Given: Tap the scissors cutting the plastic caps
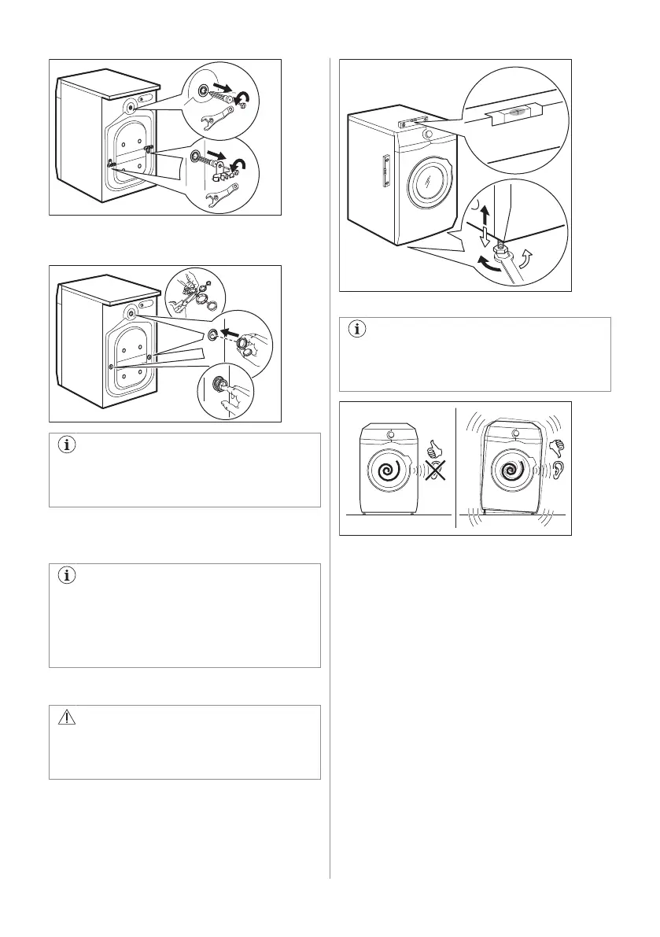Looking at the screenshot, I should (186, 295).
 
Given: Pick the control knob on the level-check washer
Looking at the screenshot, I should (426, 134).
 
